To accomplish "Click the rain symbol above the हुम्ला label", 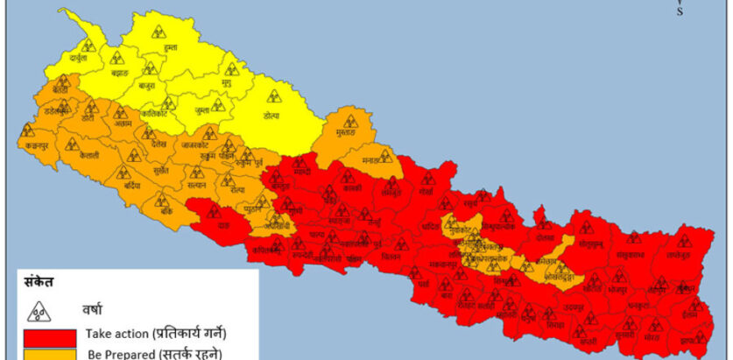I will tap(159, 31).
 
